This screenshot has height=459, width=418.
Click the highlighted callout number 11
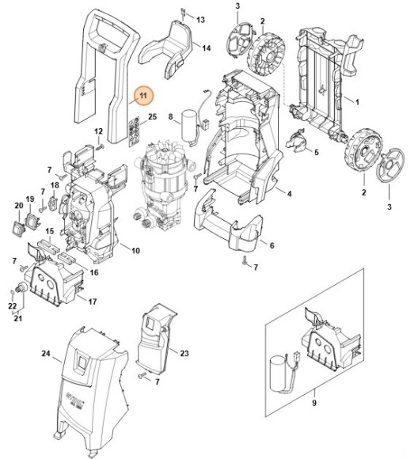point(143,97)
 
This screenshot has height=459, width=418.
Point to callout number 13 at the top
point(200,18)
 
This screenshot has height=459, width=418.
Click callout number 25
point(152,117)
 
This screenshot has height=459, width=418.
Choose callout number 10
point(135,251)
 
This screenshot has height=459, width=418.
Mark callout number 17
point(93,302)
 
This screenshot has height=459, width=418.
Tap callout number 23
point(184,353)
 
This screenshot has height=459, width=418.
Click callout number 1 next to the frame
point(357,102)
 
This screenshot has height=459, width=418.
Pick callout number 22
point(13,305)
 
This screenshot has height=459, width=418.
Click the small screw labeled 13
point(183,13)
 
